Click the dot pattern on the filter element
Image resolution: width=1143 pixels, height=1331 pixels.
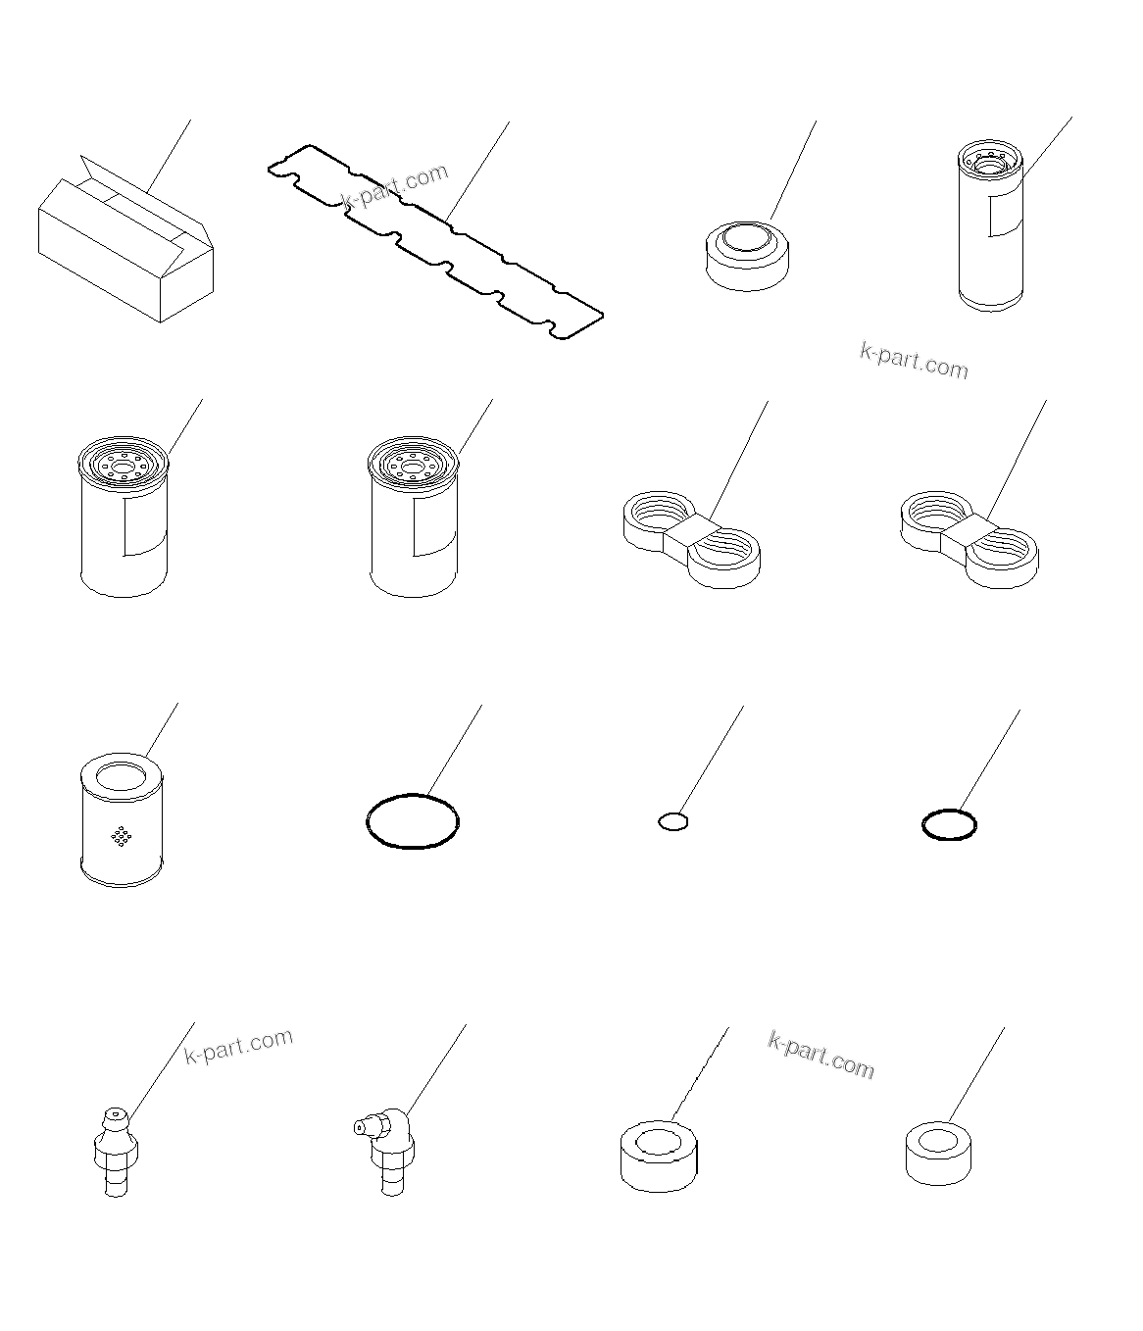(122, 836)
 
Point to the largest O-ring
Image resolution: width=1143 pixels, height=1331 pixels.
(412, 820)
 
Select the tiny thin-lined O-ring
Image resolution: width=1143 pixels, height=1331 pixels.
(672, 821)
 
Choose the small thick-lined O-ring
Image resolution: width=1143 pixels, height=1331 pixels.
(949, 825)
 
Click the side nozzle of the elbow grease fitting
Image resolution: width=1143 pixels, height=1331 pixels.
(361, 1128)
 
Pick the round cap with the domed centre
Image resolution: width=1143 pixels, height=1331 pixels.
(747, 255)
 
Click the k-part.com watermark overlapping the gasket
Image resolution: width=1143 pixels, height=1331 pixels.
(394, 186)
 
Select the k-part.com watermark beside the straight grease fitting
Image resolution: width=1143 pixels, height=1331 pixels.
(238, 1047)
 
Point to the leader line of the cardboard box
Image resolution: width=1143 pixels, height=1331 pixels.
(168, 156)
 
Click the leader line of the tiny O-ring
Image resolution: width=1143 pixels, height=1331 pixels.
(712, 760)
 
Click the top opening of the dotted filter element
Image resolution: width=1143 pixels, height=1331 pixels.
(121, 777)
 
